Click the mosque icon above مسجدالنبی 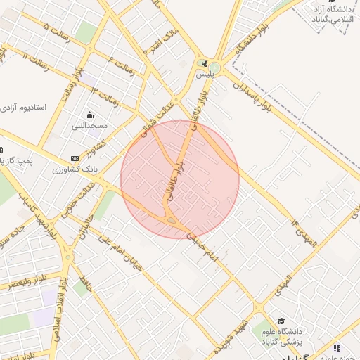(x=89, y=115)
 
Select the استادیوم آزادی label (x=22, y=108)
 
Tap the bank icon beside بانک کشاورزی (x=75, y=158)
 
